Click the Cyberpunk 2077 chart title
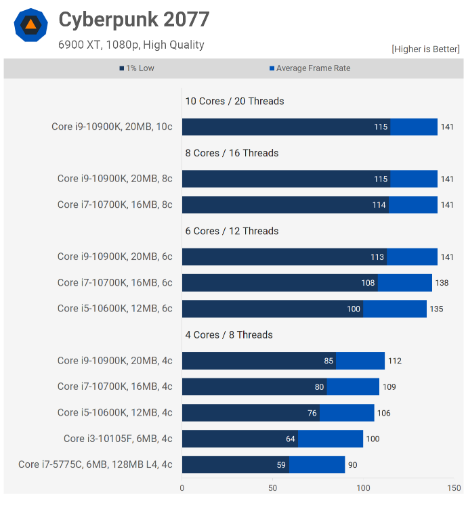[133, 20]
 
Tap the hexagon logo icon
[30, 25]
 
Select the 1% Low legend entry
[137, 68]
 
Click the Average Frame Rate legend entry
[310, 68]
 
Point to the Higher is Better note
[425, 49]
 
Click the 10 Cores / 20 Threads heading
[234, 101]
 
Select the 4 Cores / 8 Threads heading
[229, 334]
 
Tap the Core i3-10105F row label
[118, 439]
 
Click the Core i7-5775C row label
[96, 464]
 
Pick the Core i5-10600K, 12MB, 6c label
[114, 309]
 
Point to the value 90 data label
[353, 465]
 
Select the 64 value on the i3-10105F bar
[291, 439]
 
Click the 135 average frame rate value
[437, 309]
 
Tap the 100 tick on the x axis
[363, 487]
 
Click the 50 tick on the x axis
[272, 487]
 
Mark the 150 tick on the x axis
[454, 487]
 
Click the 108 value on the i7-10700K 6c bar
[368, 283]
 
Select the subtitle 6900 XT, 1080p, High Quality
[131, 45]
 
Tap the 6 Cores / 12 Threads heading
[232, 231]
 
